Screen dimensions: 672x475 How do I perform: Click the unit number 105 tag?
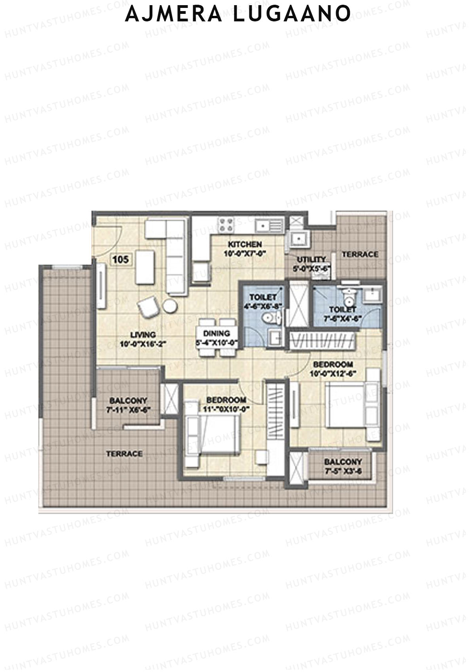point(121,260)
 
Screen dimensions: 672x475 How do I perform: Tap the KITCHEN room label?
point(245,244)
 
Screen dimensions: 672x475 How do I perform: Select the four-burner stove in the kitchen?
point(227,225)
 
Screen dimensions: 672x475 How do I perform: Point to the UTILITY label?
point(311,260)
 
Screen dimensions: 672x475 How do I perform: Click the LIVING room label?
point(142,335)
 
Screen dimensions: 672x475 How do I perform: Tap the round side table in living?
point(170,306)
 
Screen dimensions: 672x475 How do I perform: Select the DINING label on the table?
point(217,333)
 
